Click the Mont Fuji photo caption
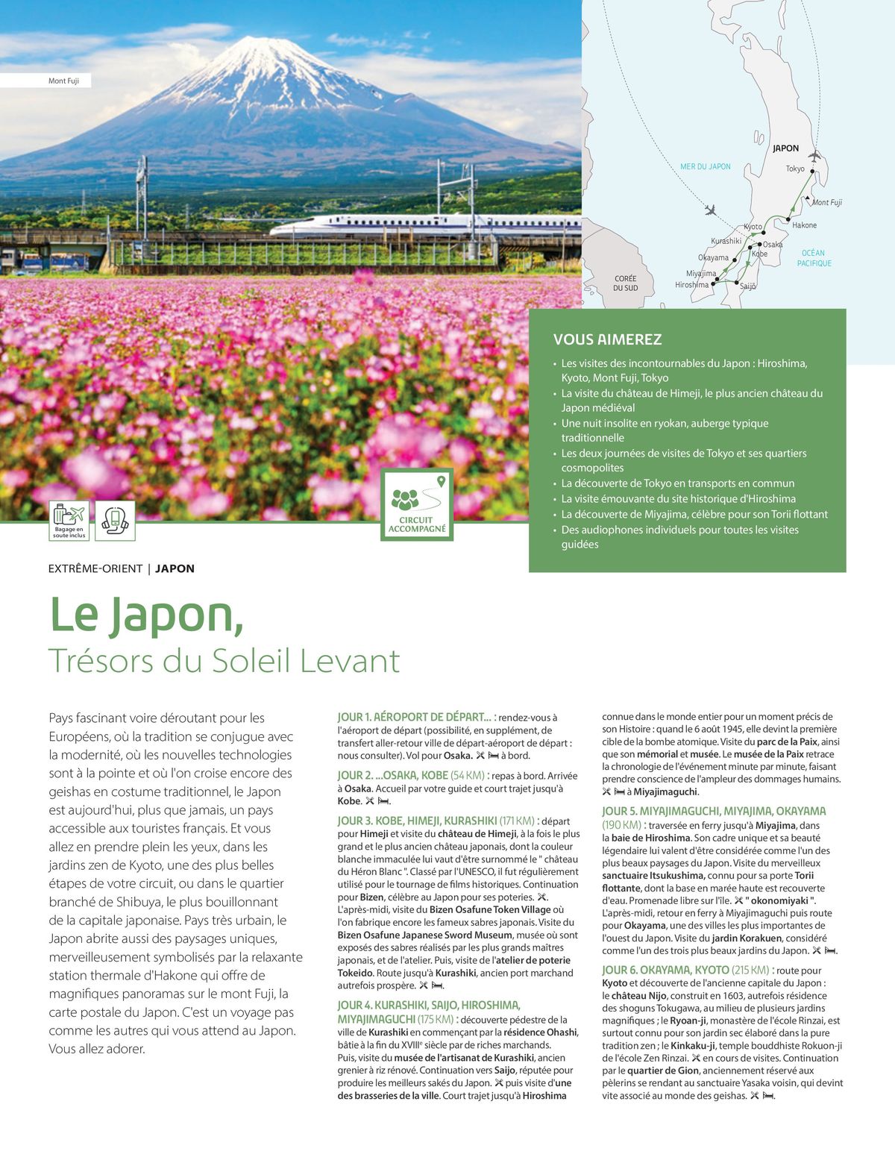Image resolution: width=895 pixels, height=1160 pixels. pos(63,81)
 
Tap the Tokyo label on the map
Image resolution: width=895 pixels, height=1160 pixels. pos(795,169)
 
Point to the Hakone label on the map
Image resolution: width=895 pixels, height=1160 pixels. pos(804,225)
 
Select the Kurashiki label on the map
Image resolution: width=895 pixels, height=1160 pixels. pos(726,241)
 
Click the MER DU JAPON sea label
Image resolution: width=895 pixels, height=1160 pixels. pos(705,166)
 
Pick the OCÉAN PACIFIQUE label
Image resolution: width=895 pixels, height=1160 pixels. pos(814,258)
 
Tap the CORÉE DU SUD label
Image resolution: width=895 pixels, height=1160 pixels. pos(625,283)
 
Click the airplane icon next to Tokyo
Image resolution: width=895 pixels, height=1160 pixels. pos(814,156)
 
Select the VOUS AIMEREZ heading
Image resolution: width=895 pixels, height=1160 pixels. pos(607,339)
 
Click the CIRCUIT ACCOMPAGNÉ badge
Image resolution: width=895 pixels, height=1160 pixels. pos(416,504)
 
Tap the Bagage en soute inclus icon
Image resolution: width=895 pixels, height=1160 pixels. pos(69,520)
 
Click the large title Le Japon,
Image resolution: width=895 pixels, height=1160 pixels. pos(146,615)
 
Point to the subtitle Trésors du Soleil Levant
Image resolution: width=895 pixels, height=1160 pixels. pos(224,661)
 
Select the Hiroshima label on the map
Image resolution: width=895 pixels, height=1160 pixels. pos(691,285)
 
